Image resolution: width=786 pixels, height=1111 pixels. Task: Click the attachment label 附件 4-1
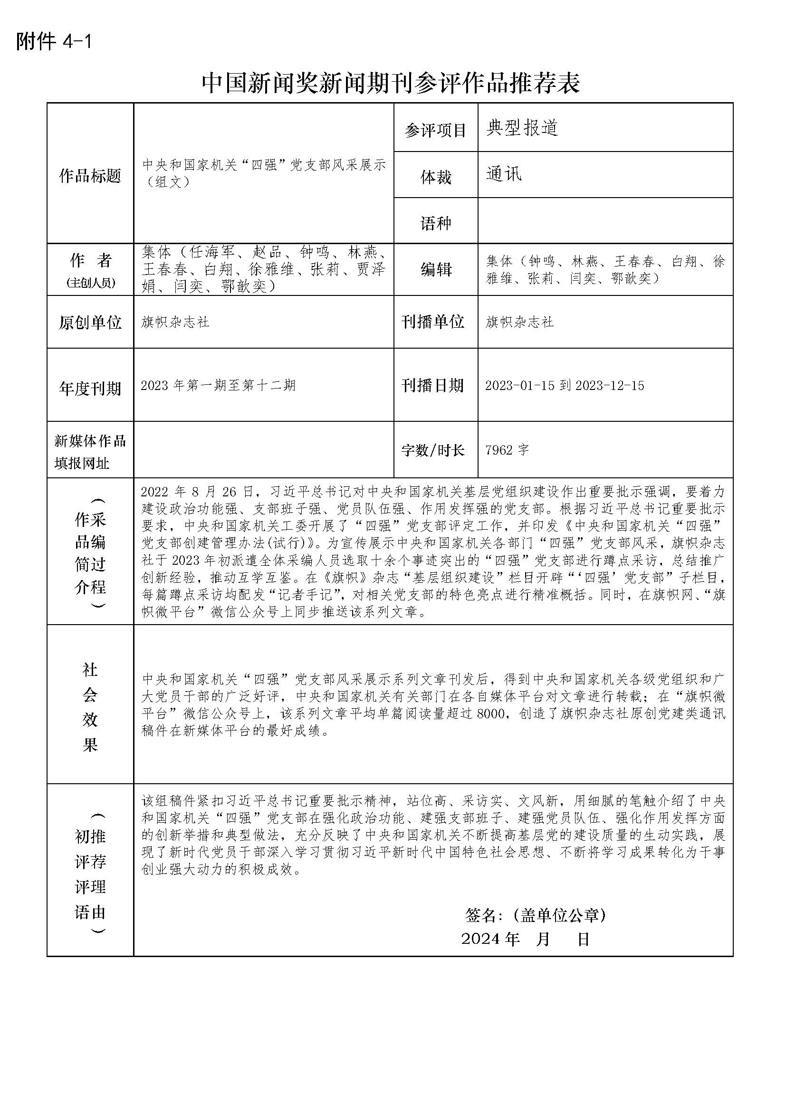click(54, 42)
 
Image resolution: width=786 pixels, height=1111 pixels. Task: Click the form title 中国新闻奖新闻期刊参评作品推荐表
click(391, 83)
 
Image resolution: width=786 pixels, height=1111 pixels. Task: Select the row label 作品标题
click(90, 176)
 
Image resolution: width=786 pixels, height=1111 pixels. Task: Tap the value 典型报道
click(522, 128)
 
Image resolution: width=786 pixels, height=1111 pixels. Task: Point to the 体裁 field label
click(436, 177)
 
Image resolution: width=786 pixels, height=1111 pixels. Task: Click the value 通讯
click(504, 174)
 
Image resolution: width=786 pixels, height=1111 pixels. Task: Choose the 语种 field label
click(436, 223)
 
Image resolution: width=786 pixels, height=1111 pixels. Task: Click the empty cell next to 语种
click(605, 220)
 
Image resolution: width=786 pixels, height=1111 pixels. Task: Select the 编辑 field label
click(436, 269)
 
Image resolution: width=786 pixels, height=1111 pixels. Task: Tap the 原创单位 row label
click(90, 322)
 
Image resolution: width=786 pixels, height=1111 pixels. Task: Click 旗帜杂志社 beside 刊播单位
click(519, 322)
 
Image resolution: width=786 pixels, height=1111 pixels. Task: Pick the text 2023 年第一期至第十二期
click(218, 385)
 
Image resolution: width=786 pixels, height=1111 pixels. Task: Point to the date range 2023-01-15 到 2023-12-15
click(565, 385)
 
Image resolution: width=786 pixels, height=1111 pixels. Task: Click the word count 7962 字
click(507, 450)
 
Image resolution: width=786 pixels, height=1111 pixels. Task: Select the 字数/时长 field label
click(433, 450)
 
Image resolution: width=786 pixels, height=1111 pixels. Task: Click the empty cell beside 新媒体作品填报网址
click(263, 450)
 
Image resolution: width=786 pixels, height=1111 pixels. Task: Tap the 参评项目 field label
click(435, 130)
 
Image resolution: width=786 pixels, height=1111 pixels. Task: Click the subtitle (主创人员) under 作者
click(90, 283)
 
